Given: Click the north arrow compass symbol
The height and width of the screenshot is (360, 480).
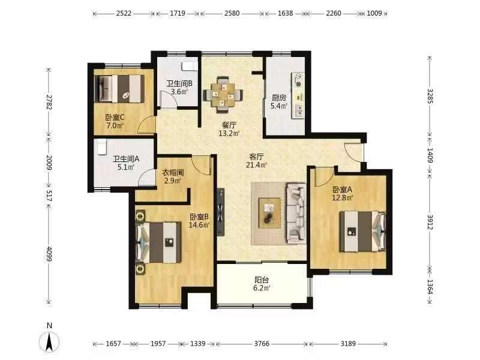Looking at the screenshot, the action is pos(49,341).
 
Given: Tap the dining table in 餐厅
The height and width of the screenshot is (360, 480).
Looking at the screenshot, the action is pos(223,95).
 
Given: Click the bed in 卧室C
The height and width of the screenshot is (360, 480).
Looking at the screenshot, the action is pos(119,89).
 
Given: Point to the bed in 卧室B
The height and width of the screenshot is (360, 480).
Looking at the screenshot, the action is pos(158,242).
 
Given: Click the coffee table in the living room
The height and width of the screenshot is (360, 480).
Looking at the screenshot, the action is pos(269,213).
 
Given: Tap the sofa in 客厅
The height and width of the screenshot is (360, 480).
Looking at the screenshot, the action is pos(296,214).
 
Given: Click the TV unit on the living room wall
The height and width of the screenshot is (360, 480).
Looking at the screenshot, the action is pos(220,212).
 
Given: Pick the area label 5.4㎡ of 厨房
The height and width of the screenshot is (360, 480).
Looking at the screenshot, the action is pos(279,106).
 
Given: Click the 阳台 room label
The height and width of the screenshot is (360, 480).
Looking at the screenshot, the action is pos(262,280).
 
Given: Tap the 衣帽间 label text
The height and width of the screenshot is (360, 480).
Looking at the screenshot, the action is pos(173,173).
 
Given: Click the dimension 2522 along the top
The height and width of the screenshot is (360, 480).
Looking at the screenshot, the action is pos(124,13).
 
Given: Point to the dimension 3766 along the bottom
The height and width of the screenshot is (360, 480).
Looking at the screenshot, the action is pos(262,344).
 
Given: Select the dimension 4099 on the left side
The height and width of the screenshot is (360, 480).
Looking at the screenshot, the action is pos(49,254).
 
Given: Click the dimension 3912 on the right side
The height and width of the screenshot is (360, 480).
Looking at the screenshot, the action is pos(430,222).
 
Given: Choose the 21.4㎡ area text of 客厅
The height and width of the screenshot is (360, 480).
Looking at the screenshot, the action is pos(257,165).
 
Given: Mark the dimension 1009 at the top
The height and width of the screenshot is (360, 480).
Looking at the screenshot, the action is pos(374,13).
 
